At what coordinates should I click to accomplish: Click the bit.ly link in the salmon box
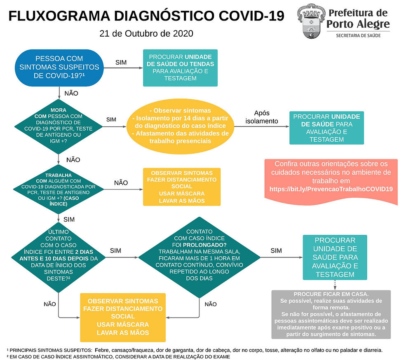(330, 189)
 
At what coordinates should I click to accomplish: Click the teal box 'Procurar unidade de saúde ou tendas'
(180, 68)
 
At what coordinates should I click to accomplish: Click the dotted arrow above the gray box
(334, 284)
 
